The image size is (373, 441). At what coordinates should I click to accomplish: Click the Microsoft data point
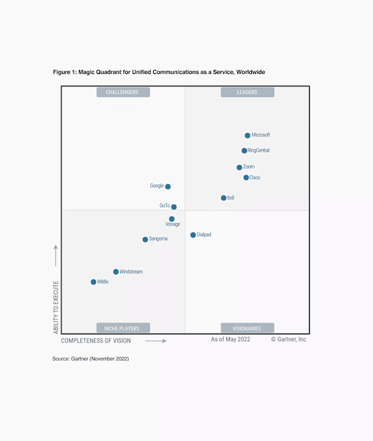(248, 135)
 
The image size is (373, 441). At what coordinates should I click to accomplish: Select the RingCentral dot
(244, 151)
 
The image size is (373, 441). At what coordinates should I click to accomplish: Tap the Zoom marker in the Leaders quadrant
(240, 167)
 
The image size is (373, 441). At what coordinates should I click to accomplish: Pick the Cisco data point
(246, 178)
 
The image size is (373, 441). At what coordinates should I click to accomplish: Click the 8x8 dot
(223, 198)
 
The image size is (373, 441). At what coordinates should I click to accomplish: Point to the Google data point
(168, 186)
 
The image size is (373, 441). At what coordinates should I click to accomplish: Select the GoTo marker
(174, 207)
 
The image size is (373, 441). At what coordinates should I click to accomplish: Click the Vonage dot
(172, 219)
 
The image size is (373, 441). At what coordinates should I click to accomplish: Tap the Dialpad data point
(193, 235)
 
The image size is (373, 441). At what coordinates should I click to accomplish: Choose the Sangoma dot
(145, 239)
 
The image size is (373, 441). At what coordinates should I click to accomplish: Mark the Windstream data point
(116, 272)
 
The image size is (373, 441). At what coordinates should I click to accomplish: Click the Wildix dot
(93, 281)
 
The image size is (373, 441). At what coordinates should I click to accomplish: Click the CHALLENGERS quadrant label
(123, 92)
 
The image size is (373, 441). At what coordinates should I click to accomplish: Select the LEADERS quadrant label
(247, 92)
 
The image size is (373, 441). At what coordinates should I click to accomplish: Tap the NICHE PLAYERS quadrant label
(123, 328)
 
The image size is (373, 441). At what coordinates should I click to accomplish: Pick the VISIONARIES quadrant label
(247, 328)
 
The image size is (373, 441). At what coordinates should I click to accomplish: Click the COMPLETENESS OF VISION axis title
(96, 340)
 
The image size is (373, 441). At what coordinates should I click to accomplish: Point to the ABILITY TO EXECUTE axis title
(56, 306)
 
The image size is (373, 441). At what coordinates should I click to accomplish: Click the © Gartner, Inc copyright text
(289, 339)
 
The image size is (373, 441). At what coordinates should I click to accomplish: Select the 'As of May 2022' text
(231, 339)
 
